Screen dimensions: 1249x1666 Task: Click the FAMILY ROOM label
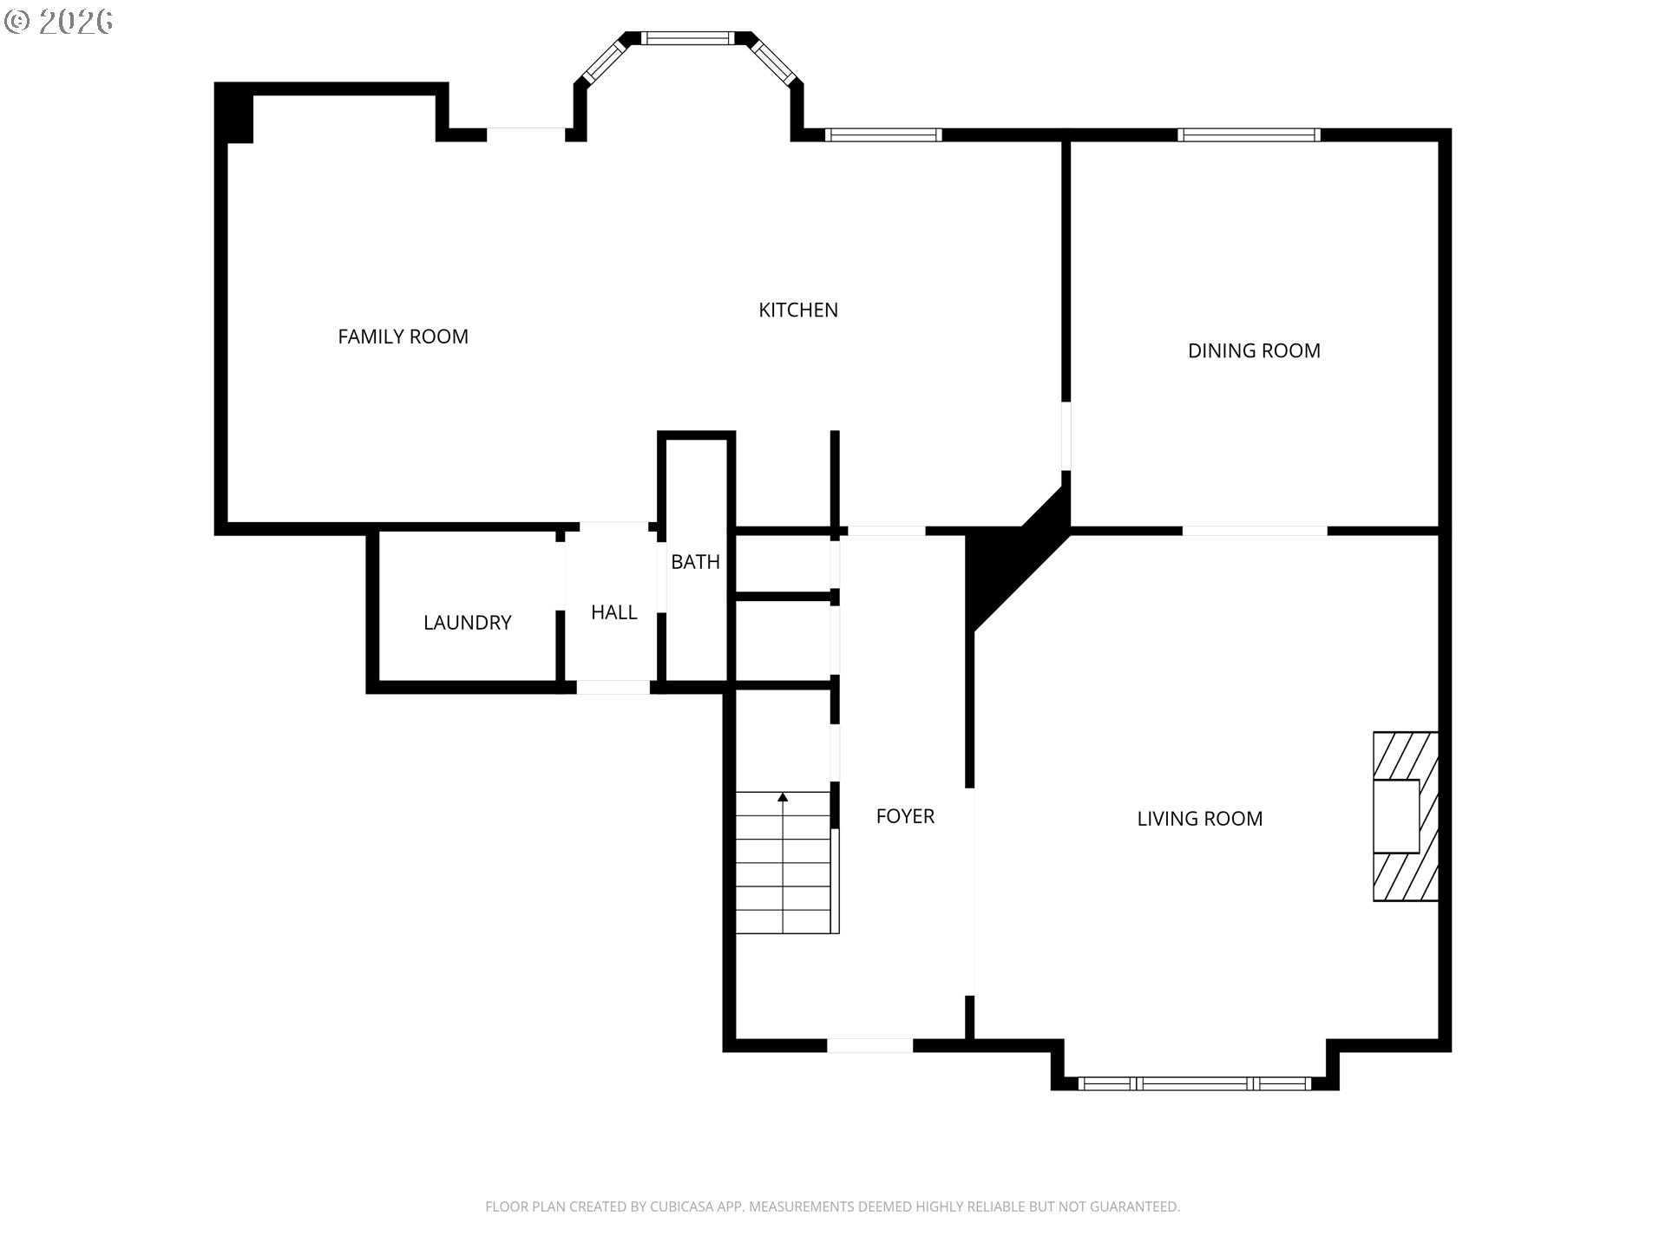pyautogui.click(x=403, y=337)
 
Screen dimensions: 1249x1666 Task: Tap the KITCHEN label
pyautogui.click(x=797, y=310)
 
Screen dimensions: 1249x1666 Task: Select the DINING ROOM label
pyautogui.click(x=1253, y=350)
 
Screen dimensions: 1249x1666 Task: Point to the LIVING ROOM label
pyautogui.click(x=1199, y=818)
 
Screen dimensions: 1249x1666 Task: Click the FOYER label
pyautogui.click(x=904, y=816)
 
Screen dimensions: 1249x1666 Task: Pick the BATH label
pyautogui.click(x=695, y=562)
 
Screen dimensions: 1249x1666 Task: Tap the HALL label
pyautogui.click(x=613, y=612)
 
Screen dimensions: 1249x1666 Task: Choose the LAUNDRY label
pyautogui.click(x=467, y=623)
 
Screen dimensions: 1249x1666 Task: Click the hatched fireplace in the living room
pyautogui.click(x=1404, y=816)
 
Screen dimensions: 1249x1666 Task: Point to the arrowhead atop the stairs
pyautogui.click(x=783, y=796)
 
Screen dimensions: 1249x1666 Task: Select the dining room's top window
pyautogui.click(x=1249, y=134)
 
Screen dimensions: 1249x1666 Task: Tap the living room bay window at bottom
pyautogui.click(x=1194, y=1083)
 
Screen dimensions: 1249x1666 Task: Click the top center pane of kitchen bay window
pyautogui.click(x=687, y=38)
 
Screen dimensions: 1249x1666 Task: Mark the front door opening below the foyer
pyautogui.click(x=869, y=1046)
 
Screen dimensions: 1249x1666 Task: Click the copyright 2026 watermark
pyautogui.click(x=59, y=22)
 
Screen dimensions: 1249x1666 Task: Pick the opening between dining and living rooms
pyautogui.click(x=1255, y=530)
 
